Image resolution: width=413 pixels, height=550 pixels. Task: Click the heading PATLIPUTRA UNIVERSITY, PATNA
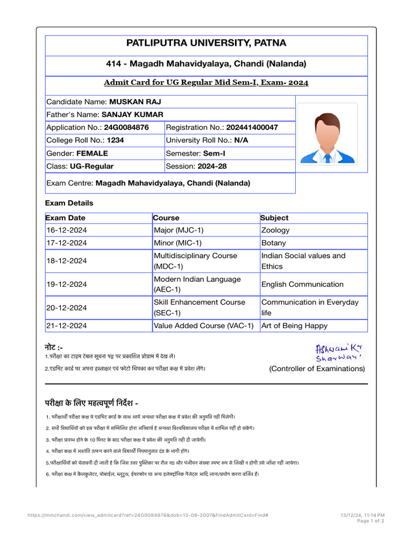coord(206,43)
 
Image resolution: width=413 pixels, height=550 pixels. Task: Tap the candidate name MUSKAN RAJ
coord(135,102)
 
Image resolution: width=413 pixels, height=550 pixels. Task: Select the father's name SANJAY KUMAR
coord(132,114)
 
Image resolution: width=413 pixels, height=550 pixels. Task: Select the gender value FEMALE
coord(92,153)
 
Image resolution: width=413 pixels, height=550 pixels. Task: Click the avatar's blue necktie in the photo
coord(327,157)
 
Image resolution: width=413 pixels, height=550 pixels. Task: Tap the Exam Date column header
coord(66,218)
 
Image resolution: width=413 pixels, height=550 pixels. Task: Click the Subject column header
coord(274,218)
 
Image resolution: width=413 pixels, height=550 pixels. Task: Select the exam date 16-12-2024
coord(67,230)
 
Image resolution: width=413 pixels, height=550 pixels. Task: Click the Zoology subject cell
coord(275,230)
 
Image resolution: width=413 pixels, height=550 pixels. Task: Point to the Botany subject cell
coord(274,243)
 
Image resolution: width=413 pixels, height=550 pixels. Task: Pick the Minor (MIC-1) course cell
coord(178,243)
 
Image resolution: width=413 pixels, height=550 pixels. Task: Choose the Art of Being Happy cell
coord(294,325)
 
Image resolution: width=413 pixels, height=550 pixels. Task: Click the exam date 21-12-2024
coord(67,325)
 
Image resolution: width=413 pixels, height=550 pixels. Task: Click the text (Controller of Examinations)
coord(317,368)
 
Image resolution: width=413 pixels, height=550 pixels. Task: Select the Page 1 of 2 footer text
coord(370,521)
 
